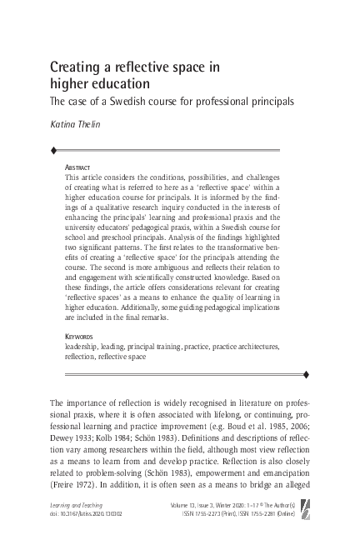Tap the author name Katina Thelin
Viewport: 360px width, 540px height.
click(78, 129)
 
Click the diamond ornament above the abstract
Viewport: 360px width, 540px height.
click(31, 151)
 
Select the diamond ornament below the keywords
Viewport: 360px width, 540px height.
click(330, 372)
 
